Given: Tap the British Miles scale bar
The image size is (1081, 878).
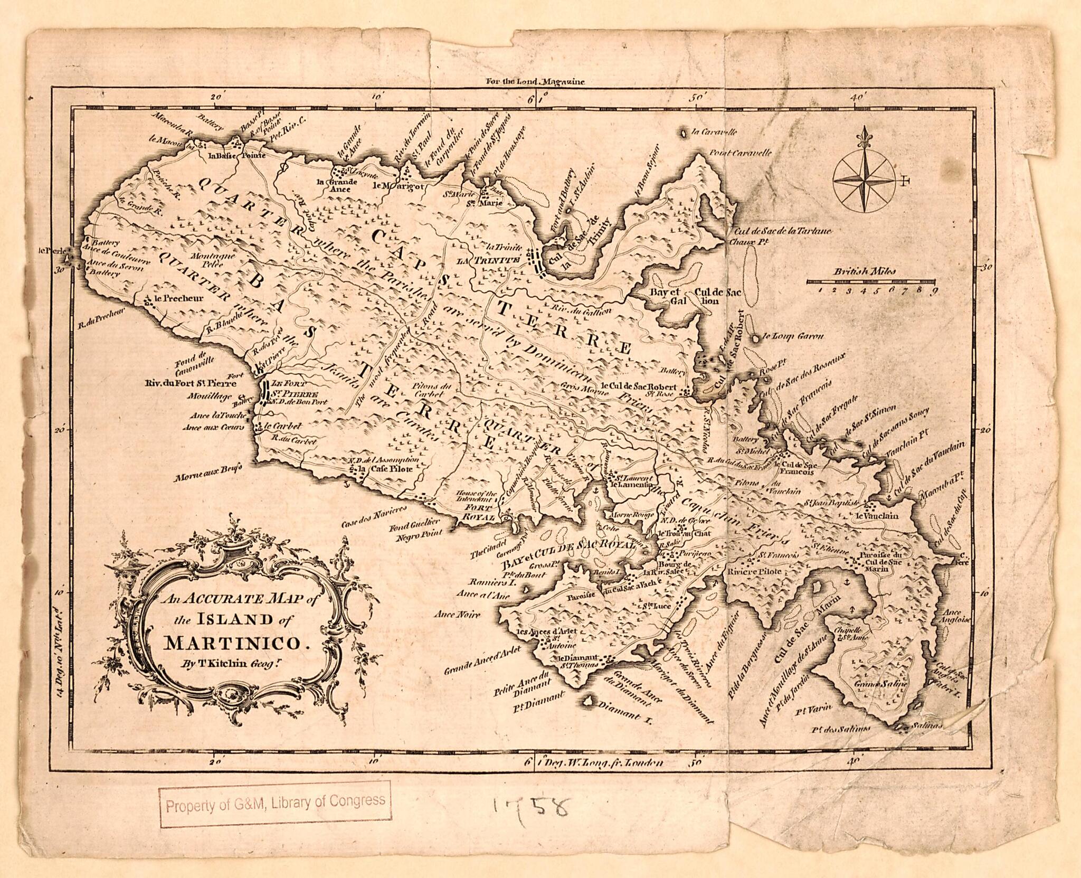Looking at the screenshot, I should (x=871, y=281).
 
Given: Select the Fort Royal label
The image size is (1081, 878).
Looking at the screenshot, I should (x=478, y=512).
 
